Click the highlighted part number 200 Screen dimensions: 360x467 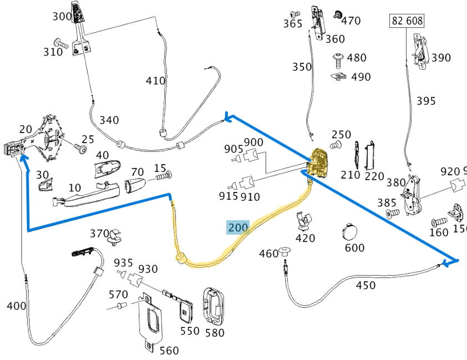tap(238, 227)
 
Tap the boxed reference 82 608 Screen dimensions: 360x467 tap(408, 21)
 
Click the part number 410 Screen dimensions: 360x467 tap(156, 81)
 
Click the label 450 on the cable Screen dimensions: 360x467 tap(366, 286)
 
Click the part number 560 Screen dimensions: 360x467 tap(169, 350)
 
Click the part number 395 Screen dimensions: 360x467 tap(426, 101)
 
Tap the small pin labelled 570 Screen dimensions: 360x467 tap(122, 306)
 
